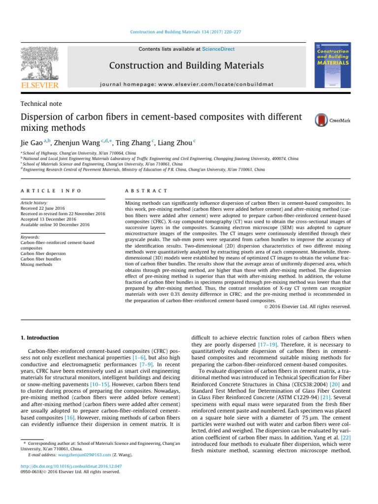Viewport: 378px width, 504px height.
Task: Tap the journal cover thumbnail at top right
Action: (333, 67)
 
